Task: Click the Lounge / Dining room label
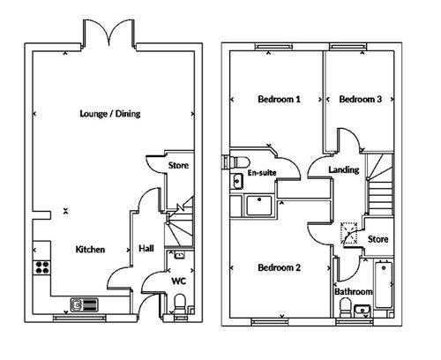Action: pyautogui.click(x=110, y=114)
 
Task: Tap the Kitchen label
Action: pyautogui.click(x=90, y=250)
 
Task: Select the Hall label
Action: pyautogui.click(x=146, y=249)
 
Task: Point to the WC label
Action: pyautogui.click(x=179, y=281)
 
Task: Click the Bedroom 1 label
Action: pyautogui.click(x=279, y=99)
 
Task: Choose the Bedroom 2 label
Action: pyautogui.click(x=279, y=267)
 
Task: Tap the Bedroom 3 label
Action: pyautogui.click(x=361, y=99)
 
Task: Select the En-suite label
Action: pyautogui.click(x=262, y=173)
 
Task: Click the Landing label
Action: pyautogui.click(x=344, y=169)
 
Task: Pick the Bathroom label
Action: pyautogui.click(x=354, y=292)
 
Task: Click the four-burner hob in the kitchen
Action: pyautogui.click(x=42, y=267)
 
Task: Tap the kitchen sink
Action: pyautogui.click(x=85, y=304)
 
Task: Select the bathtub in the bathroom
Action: pyautogui.click(x=384, y=285)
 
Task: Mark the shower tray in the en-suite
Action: pyautogui.click(x=259, y=206)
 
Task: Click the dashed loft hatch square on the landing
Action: pyautogui.click(x=349, y=233)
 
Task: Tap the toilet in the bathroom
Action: pyautogui.click(x=346, y=308)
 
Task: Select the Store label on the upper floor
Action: pyautogui.click(x=377, y=239)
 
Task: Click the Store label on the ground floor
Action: pyautogui.click(x=178, y=165)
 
